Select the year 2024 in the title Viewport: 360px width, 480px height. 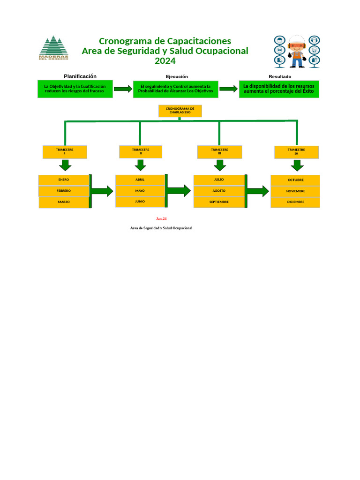coord(165,61)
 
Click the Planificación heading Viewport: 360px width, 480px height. coord(80,76)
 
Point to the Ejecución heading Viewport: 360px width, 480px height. coord(177,76)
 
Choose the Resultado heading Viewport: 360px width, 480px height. coord(280,76)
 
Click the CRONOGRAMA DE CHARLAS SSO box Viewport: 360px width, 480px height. coord(180,111)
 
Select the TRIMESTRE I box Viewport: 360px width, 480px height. coord(65,152)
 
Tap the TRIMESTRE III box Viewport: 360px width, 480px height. coord(219,152)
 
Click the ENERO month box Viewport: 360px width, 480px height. coord(64,180)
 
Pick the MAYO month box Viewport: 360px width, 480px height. coord(140,191)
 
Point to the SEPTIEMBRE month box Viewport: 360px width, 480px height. coord(219,202)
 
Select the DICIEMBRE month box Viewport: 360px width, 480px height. coord(295,202)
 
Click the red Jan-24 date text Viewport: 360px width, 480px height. coord(161,219)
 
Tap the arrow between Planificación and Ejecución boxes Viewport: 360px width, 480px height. coord(123,89)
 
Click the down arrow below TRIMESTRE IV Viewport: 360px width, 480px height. coord(297,165)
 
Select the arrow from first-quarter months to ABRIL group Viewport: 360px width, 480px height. coord(102,191)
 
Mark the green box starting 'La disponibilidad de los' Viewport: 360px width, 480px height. coord(279,89)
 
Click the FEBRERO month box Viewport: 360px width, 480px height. coord(64,191)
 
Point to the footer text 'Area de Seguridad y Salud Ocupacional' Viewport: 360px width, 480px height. coord(161,228)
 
